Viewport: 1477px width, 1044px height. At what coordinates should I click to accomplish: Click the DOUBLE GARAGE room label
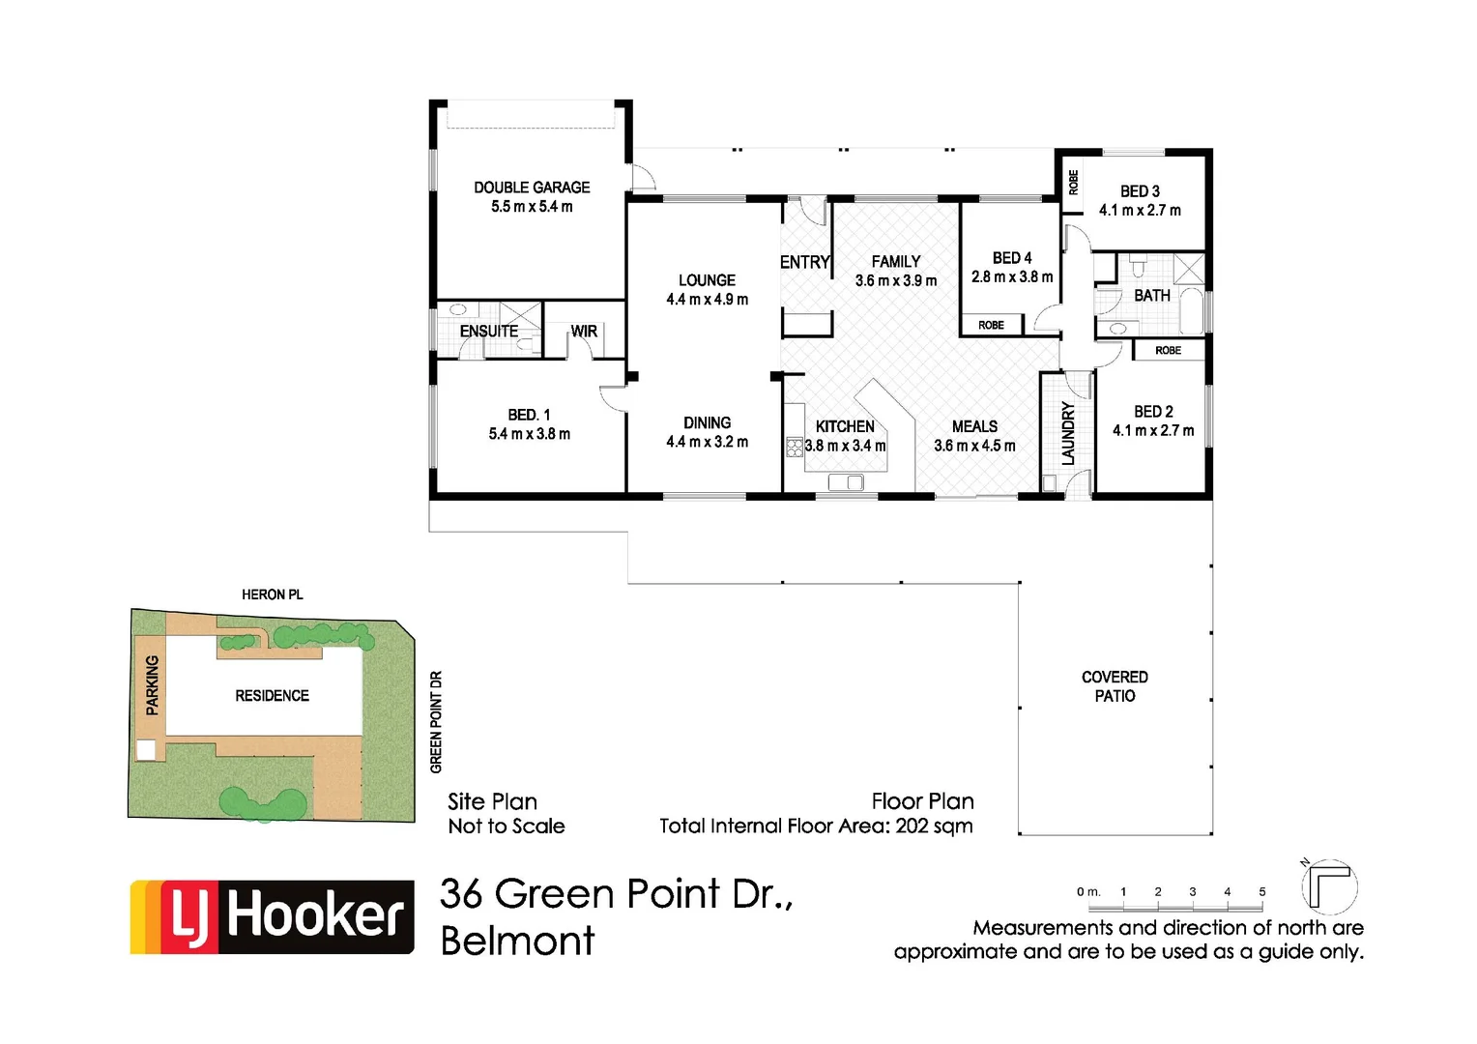pos(531,188)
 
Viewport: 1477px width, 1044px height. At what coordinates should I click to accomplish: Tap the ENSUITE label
pos(489,331)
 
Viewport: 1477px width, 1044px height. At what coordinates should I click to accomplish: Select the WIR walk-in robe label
pos(584,331)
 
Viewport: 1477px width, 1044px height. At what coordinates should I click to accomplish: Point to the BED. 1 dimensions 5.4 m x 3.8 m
pos(529,434)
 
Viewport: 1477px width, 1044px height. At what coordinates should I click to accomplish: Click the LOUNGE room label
pos(707,280)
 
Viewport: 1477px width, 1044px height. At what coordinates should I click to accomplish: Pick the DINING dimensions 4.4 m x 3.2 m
pos(707,442)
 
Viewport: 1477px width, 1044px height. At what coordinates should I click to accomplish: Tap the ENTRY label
pos(805,262)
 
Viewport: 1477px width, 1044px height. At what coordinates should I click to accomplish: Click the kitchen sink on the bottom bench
pos(846,482)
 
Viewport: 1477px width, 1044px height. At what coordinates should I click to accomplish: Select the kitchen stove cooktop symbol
pos(795,447)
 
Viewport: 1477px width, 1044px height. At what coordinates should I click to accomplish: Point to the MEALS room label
pos(974,426)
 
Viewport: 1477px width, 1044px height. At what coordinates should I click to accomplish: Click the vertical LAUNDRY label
pos(1068,434)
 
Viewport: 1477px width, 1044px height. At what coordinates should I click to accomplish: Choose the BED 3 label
pos(1140,191)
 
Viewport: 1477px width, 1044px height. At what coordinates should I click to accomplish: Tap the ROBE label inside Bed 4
pos(991,325)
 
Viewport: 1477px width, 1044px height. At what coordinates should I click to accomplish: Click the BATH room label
pos(1151,296)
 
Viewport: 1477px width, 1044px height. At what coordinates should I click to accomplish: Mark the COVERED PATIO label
pos(1115,686)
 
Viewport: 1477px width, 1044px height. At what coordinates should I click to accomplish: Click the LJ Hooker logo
pos(273,916)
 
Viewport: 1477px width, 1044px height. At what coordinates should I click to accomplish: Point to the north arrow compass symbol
pos(1329,885)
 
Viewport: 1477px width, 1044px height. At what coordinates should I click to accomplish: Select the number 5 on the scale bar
pos(1261,892)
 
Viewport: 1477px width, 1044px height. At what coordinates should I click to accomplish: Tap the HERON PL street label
pos(272,594)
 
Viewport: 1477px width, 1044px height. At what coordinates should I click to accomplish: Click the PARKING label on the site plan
pos(152,685)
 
